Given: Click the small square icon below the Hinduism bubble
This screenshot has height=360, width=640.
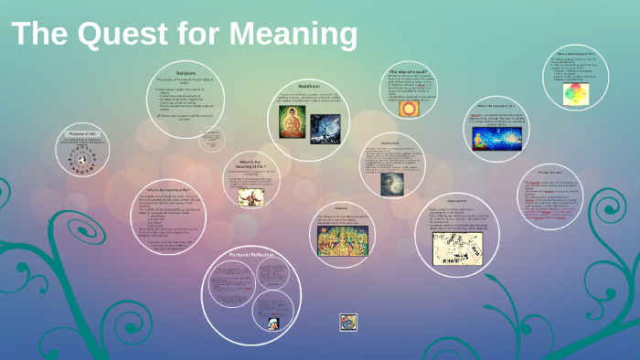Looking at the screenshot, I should click(x=348, y=321).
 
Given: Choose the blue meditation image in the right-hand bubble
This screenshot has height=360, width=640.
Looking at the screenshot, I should click(x=493, y=138).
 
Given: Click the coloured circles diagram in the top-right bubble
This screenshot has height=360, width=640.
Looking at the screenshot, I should click(x=575, y=95).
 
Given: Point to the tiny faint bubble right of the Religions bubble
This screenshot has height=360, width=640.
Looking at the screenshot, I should click(x=211, y=138).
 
